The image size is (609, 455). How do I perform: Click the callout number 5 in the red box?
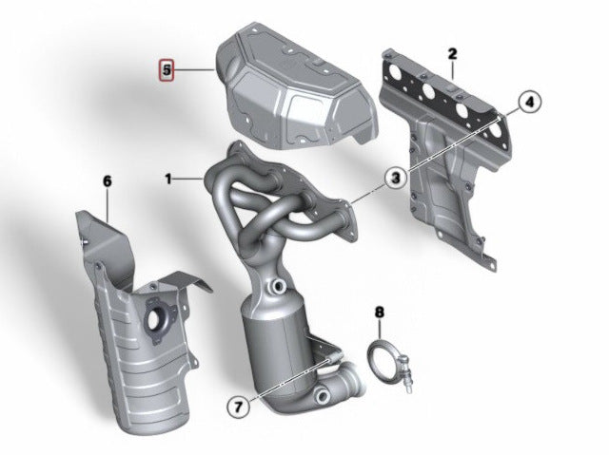pos(167,70)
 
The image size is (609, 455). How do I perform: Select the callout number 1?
pos(167,179)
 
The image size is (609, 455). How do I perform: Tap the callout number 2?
pos(453,54)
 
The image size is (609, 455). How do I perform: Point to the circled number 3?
pos(396,179)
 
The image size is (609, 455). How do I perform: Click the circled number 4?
pos(530,102)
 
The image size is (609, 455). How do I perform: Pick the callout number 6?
pos(108,181)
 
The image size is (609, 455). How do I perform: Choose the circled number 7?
pos(238,407)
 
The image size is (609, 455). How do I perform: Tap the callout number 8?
pos(380,312)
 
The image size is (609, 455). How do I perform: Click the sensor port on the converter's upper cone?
pos(279,287)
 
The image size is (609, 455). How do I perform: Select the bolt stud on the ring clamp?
pos(406,372)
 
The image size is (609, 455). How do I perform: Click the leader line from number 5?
pos(194,70)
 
